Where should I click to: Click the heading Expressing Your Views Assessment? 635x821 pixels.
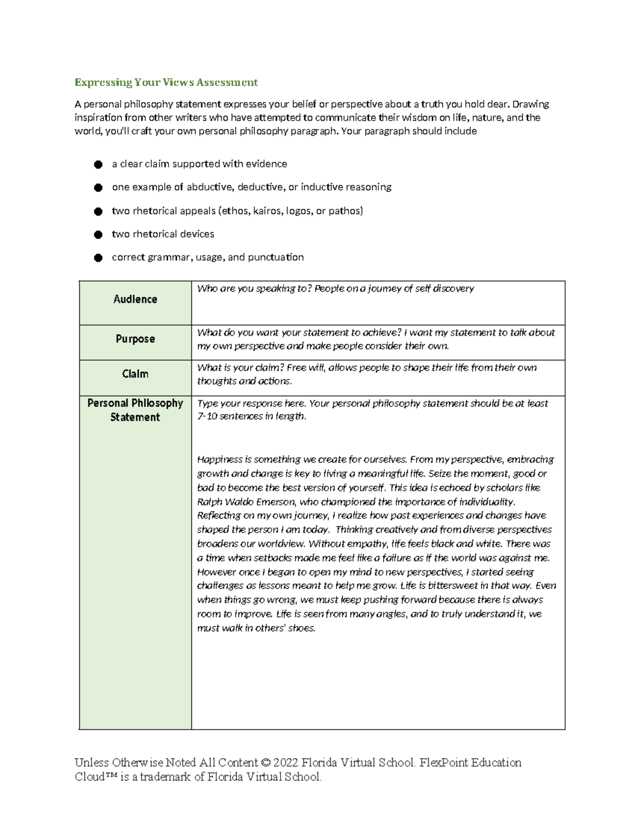pos(166,82)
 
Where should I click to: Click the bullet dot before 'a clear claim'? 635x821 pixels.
pos(98,164)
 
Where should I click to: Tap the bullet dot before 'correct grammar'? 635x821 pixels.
pos(98,257)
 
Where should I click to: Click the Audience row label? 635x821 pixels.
pos(135,299)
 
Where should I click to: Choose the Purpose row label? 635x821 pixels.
pos(135,339)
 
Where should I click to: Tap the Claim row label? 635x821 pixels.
pos(135,374)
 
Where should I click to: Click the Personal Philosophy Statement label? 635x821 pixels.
pos(135,410)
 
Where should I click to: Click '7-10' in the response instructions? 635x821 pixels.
pos(207,417)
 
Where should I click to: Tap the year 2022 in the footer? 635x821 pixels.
pos(285,763)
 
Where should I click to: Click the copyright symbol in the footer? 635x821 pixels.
pos(266,763)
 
